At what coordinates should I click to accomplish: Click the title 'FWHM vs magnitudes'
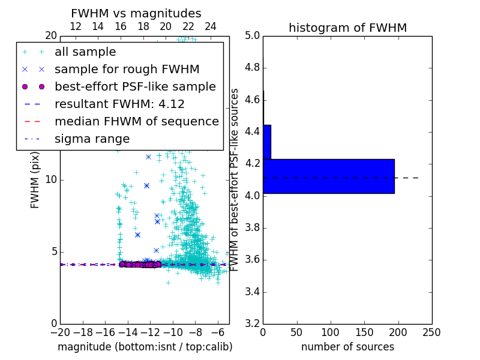(x=136, y=14)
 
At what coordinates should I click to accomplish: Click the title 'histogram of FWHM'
(x=347, y=28)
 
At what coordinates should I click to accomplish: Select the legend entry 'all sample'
(x=85, y=52)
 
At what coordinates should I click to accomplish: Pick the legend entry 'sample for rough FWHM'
(x=127, y=70)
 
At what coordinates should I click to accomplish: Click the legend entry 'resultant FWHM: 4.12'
(x=119, y=104)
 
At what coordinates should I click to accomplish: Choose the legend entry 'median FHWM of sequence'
(x=136, y=122)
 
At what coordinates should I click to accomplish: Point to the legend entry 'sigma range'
(x=92, y=139)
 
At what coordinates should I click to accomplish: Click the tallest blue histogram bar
(x=329, y=176)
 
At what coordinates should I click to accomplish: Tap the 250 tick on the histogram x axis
(x=431, y=332)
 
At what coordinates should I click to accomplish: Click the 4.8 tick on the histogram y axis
(x=252, y=67)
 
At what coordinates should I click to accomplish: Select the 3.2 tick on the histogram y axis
(x=252, y=324)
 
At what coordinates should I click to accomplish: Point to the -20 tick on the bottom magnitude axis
(x=60, y=332)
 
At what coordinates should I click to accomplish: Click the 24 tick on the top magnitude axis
(x=211, y=26)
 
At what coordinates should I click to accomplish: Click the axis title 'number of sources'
(x=347, y=347)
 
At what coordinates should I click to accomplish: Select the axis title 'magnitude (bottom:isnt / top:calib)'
(x=145, y=347)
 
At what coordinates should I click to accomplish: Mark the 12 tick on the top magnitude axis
(x=76, y=26)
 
